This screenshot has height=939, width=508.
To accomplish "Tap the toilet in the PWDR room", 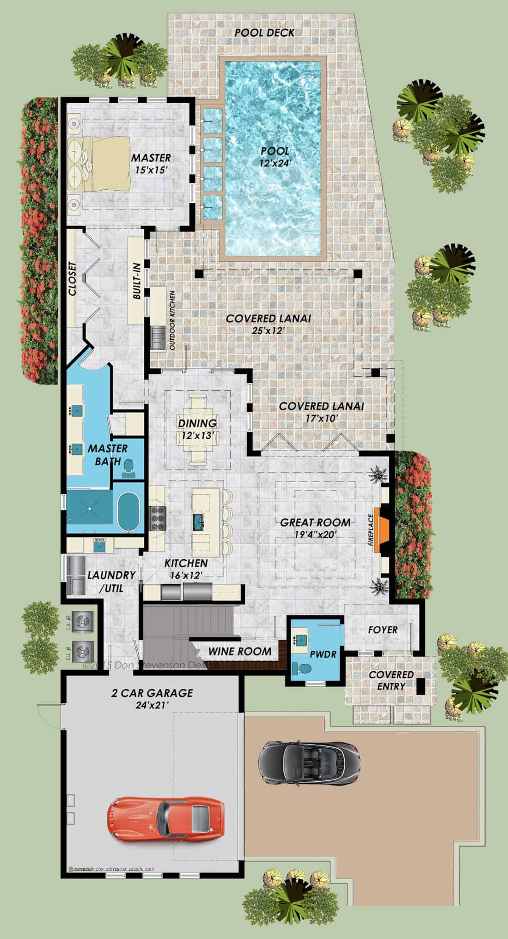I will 302,669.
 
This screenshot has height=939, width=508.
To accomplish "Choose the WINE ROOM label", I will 240,651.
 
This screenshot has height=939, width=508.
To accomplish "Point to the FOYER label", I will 383,630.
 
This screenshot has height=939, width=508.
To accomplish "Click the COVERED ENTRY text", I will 391,680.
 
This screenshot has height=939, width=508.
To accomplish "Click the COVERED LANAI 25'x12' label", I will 268,323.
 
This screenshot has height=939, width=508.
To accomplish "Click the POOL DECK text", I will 264,33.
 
